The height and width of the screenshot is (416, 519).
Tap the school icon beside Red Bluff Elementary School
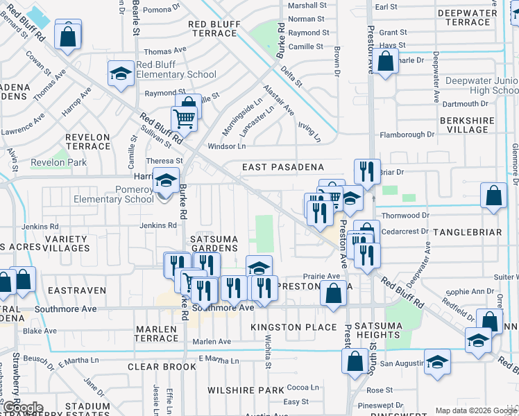pyautogui.click(x=121, y=74)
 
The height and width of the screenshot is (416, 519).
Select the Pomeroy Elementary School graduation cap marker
pyautogui.click(x=165, y=182)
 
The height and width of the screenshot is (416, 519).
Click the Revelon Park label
pyautogui.click(x=58, y=163)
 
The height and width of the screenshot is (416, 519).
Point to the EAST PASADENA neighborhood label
pyautogui.click(x=283, y=167)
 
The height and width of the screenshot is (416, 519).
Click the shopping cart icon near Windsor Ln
pyautogui.click(x=184, y=119)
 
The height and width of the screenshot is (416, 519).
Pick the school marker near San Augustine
pyautogui.click(x=437, y=363)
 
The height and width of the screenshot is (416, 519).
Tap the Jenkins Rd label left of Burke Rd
pyautogui.click(x=158, y=225)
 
